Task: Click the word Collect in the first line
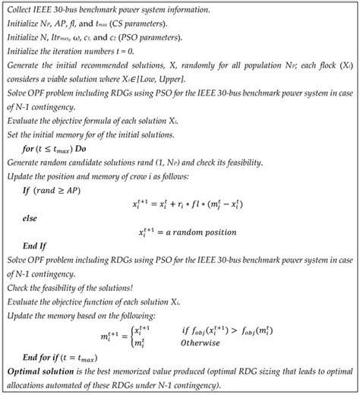pyautogui.click(x=20, y=10)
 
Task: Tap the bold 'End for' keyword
pyautogui.click(x=40, y=357)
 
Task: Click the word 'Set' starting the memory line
pyautogui.click(x=13, y=134)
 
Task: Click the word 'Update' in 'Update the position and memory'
pyautogui.click(x=23, y=175)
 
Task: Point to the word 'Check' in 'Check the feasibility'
pyautogui.click(x=19, y=288)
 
